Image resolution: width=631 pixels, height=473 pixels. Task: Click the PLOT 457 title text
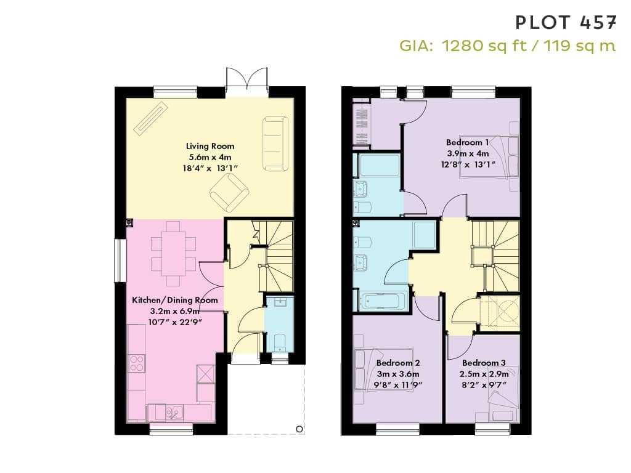[x=566, y=22]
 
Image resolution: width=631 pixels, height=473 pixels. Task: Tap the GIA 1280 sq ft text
[x=463, y=46]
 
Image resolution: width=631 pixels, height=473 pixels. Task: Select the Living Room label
[x=210, y=146]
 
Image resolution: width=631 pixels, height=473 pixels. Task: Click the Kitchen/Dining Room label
[x=175, y=300]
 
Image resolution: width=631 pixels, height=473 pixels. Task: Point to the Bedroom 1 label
[x=468, y=142]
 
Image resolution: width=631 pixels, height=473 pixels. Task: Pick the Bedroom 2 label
[x=398, y=363]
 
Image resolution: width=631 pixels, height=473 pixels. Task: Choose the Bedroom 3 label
[x=484, y=363]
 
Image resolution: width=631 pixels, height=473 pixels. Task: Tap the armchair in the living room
[x=229, y=194]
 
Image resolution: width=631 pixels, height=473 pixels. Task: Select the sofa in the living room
[x=275, y=144]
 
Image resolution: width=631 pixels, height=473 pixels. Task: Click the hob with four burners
[x=137, y=363]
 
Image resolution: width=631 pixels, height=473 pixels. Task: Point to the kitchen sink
[x=174, y=413]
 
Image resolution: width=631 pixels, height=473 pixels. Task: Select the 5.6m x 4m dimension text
[x=210, y=157]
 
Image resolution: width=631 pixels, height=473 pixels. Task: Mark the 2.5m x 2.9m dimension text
[x=484, y=374]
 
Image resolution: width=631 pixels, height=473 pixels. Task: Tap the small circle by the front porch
[x=299, y=429]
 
